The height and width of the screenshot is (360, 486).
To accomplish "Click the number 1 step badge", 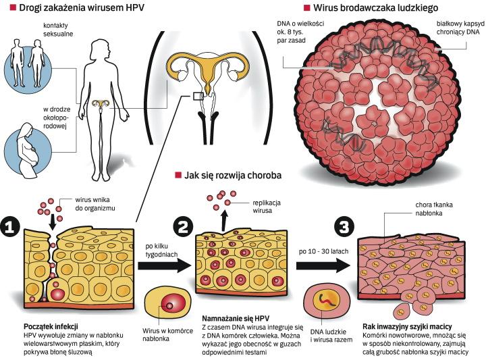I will tap(13, 228).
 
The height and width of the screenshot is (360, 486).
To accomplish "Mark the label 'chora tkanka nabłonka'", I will tap(433, 209).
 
